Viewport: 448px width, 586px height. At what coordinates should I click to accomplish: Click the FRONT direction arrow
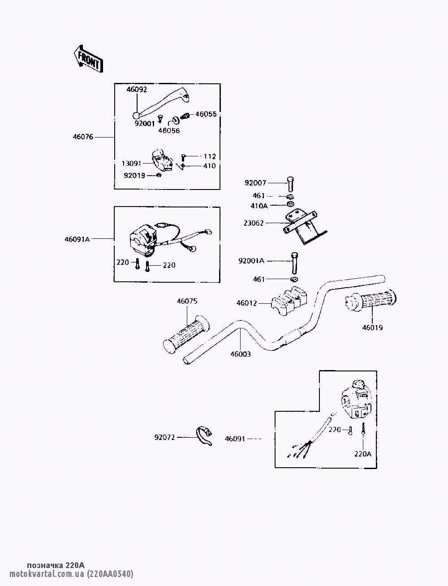click(88, 59)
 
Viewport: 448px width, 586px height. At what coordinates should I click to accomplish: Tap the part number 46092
click(137, 90)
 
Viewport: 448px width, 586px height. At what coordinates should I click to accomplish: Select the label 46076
click(83, 137)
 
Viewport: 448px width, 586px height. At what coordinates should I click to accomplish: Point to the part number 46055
click(206, 114)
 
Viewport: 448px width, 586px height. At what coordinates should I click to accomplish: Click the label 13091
click(132, 163)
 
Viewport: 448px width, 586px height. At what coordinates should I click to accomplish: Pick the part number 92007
click(255, 183)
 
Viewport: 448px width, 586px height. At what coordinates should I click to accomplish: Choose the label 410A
click(259, 206)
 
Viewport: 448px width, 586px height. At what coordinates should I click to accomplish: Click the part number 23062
click(254, 223)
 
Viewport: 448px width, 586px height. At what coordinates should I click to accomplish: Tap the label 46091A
click(77, 239)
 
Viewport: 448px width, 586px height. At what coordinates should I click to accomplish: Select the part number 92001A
click(251, 261)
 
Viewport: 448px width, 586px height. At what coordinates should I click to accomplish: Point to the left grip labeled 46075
click(186, 335)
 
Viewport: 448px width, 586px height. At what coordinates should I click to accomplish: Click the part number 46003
click(241, 354)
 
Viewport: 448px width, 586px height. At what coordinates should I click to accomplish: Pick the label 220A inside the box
click(363, 454)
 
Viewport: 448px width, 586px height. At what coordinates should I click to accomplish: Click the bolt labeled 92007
click(291, 185)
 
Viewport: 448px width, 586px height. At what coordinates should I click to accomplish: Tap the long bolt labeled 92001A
click(294, 263)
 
